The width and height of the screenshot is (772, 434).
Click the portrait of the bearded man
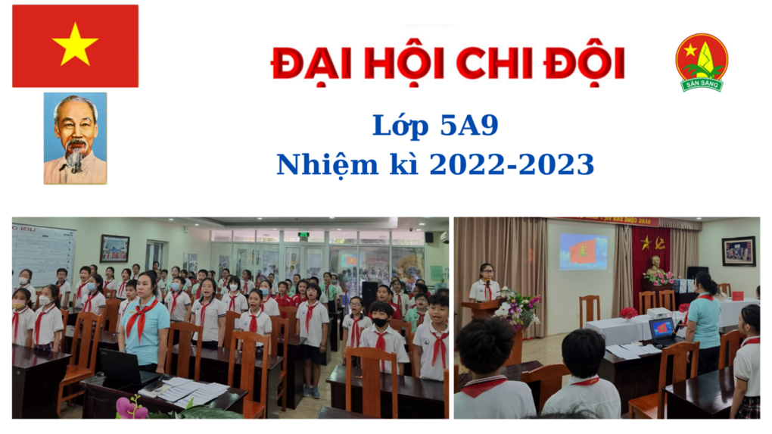pos(75,138)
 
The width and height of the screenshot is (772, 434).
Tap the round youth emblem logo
pos(702,62)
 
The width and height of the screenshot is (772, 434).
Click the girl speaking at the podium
pos(485,282)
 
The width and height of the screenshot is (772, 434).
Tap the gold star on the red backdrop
pos(646,242)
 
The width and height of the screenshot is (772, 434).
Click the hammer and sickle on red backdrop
pos(661,242)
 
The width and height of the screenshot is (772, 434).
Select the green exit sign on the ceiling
pos(304,236)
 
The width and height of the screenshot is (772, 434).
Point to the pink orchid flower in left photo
pos(131,408)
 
